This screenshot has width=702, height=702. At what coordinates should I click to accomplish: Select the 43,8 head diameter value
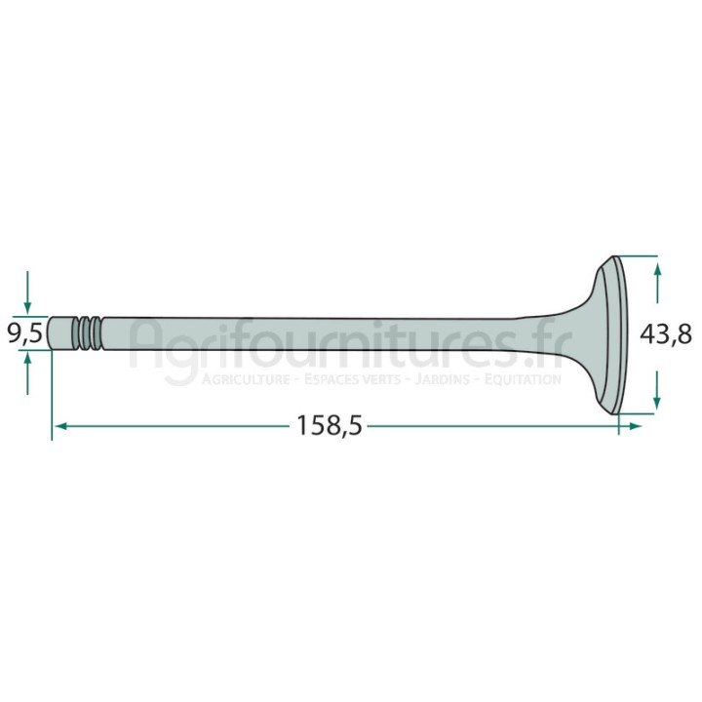666,334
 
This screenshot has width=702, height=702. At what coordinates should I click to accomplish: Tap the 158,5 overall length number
329,426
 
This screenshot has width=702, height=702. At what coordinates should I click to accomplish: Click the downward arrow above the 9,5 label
27,292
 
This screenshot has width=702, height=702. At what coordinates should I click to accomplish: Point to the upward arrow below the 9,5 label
27,372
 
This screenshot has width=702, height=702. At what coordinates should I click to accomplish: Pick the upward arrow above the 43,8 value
657,284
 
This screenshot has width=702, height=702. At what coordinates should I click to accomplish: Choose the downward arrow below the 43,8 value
657,389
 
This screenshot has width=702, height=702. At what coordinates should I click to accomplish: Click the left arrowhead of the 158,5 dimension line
60,426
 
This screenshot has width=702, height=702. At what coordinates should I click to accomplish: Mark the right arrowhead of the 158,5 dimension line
635,426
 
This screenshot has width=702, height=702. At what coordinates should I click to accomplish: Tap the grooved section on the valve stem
89,333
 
